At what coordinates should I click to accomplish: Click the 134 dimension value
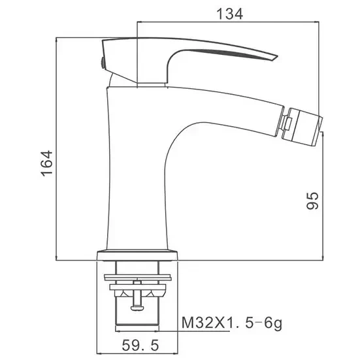229,14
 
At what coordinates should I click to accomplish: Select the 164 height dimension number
47,163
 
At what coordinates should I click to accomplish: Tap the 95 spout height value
312,201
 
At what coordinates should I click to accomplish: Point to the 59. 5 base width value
140,345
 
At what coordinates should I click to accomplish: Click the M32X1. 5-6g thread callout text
232,323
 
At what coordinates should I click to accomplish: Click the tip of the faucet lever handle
277,56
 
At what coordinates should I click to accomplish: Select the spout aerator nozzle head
302,127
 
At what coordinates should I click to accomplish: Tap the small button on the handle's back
103,63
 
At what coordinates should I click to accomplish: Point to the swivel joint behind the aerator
286,123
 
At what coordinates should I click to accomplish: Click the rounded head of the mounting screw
137,307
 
